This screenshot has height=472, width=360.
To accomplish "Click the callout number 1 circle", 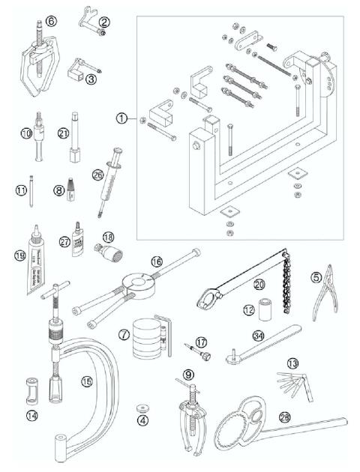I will (x=123, y=118).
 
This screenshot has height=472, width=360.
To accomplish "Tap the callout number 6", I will (x=50, y=22).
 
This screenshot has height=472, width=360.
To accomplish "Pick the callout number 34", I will (x=258, y=335).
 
